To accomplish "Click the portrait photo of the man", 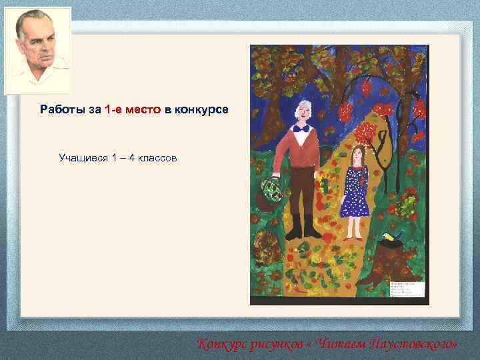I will tap(38, 51).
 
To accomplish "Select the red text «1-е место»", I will tap(133, 109).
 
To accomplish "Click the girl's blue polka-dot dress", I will tap(354, 193).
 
